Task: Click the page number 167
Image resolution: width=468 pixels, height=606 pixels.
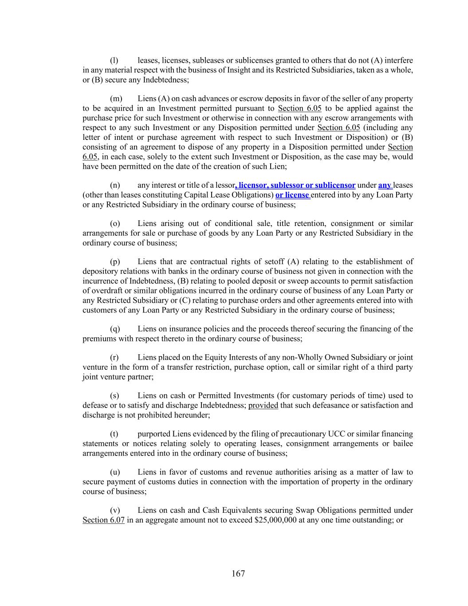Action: pos(238,574)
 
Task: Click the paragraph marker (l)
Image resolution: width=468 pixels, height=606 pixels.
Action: pos(114,60)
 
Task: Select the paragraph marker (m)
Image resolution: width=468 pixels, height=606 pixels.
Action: pos(116,99)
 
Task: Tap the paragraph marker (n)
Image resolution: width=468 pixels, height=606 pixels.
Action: pos(115,185)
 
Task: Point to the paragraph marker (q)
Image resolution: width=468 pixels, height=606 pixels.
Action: pos(115,329)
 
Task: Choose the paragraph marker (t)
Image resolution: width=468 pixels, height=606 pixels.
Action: pos(114,434)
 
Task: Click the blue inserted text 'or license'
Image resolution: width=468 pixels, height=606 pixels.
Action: pos(293,195)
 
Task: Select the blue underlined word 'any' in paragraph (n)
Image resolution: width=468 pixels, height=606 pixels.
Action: pos(385,185)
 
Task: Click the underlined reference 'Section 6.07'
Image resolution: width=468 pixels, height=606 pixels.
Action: pos(103,520)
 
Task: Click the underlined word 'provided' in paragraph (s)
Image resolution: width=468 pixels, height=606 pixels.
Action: pos(263,405)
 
